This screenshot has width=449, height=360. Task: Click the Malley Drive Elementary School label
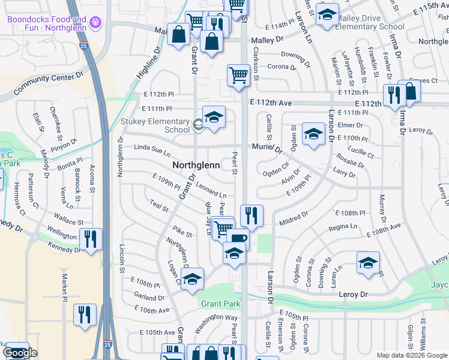tap(370, 22)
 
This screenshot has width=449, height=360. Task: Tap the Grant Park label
tap(220, 304)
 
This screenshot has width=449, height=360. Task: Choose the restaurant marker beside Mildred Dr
tap(252, 215)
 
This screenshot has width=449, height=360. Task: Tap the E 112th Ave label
tap(272, 103)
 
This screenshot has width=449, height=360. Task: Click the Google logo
tap(20, 353)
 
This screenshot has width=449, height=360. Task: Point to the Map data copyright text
tap(412, 355)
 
